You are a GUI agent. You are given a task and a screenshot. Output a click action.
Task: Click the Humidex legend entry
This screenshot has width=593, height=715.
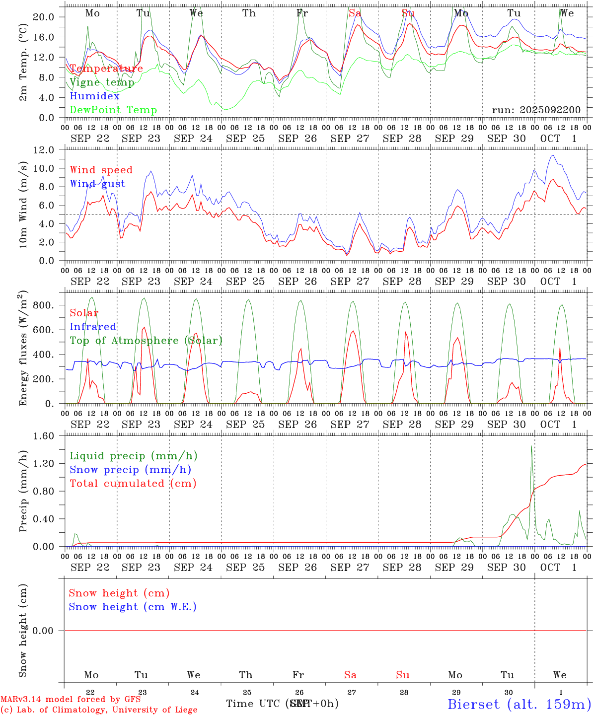coord(95,96)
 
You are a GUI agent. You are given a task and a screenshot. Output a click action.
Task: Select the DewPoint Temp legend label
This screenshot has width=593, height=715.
coord(113,110)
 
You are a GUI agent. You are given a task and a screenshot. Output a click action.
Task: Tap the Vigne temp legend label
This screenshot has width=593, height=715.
coord(102,82)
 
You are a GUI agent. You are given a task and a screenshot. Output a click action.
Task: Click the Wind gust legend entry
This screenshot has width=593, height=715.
coord(97,184)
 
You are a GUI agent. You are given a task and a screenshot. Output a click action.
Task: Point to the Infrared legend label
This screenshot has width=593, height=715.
coord(93,327)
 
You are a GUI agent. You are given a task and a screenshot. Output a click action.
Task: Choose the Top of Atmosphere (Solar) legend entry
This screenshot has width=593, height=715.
coord(146,341)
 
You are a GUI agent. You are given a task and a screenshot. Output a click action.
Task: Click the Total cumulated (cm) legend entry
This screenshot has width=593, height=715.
coord(133,483)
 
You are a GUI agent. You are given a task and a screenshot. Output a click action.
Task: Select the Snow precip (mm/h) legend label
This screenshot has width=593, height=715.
coord(130,470)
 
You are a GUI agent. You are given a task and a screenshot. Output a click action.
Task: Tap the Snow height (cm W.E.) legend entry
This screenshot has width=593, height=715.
coord(133,607)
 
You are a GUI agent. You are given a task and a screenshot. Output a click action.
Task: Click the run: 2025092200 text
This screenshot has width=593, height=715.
coord(536,110)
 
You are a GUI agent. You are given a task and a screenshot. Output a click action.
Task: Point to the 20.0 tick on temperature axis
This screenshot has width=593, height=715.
coord(43,17)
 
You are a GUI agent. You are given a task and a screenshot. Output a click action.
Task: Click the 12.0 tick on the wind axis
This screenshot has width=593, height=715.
coord(43,149)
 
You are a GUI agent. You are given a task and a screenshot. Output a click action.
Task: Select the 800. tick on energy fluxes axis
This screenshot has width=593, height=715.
coord(44,305)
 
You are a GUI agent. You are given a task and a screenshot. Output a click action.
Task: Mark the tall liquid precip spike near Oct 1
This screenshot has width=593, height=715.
coord(532,447)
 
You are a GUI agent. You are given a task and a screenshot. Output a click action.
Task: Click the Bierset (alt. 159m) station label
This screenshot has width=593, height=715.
coord(519,704)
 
